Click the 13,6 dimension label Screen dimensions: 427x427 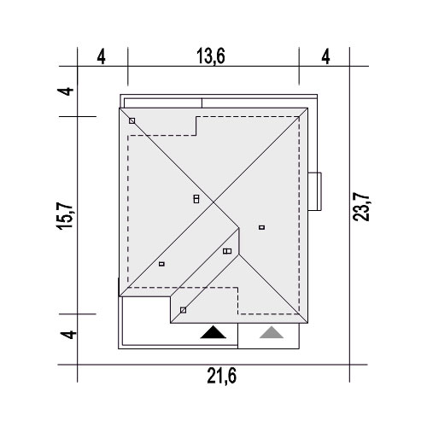click(x=211, y=56)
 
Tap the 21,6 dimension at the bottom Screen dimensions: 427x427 click(x=221, y=376)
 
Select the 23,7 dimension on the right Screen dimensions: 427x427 click(x=361, y=207)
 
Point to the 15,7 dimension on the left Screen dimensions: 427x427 click(x=65, y=215)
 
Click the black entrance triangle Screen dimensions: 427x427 click(x=213, y=332)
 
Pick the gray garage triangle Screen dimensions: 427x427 click(x=272, y=332)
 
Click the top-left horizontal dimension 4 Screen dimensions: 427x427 click(x=102, y=56)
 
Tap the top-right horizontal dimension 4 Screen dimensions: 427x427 click(x=325, y=56)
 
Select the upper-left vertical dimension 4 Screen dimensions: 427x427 click(x=65, y=91)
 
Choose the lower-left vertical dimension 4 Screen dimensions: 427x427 click(x=68, y=334)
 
